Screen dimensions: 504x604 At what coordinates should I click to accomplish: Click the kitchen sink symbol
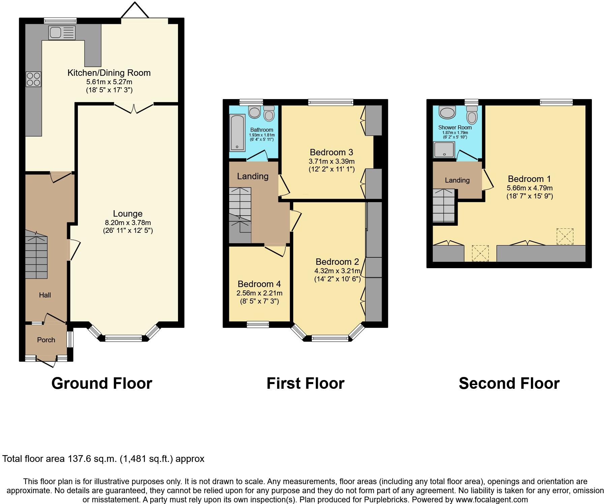[62, 33]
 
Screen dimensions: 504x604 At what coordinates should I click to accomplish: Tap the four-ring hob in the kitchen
[33, 79]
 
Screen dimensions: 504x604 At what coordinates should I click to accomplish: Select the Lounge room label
[128, 214]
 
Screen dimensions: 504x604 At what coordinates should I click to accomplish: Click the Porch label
[46, 340]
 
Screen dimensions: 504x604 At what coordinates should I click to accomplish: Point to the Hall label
[45, 295]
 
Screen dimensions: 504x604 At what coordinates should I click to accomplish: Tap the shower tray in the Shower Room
[444, 149]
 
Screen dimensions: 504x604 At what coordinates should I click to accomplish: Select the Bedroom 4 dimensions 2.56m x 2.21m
[259, 293]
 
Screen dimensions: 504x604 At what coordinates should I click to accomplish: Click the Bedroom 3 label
[331, 152]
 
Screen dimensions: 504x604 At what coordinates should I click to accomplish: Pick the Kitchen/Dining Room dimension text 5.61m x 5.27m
[109, 82]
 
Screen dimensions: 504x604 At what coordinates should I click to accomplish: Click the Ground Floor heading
[101, 383]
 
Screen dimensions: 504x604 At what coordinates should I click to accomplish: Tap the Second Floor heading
[509, 383]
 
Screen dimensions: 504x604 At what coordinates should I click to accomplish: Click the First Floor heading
[305, 383]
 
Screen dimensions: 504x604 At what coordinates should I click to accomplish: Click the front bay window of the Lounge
[123, 338]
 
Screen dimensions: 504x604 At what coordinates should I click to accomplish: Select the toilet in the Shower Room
[472, 115]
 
